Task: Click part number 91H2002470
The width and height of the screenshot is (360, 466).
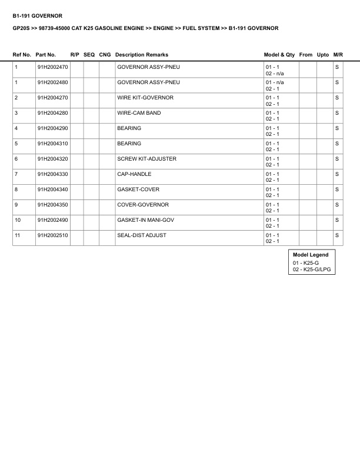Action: [52, 67]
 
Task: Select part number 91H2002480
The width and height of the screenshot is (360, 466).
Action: [52, 82]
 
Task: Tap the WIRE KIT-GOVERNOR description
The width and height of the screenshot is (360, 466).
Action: [145, 98]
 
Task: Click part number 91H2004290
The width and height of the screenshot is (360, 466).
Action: [52, 128]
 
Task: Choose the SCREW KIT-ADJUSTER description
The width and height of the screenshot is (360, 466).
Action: [146, 159]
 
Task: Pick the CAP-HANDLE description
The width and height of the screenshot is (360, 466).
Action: [134, 174]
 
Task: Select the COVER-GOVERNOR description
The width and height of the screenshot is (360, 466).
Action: [143, 205]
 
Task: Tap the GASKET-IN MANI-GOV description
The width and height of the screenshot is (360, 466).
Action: [146, 220]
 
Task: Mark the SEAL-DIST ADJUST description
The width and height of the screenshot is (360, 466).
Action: [141, 235]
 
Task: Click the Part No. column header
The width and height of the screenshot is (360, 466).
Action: [46, 55]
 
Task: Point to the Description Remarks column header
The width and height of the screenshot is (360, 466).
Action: [142, 55]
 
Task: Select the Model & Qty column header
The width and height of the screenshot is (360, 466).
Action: [279, 55]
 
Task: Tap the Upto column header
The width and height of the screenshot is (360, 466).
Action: [323, 55]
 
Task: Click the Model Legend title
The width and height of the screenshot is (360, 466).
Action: [311, 255]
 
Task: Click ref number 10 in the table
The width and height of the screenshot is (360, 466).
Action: [18, 220]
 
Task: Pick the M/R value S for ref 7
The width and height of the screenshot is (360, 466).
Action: [337, 174]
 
